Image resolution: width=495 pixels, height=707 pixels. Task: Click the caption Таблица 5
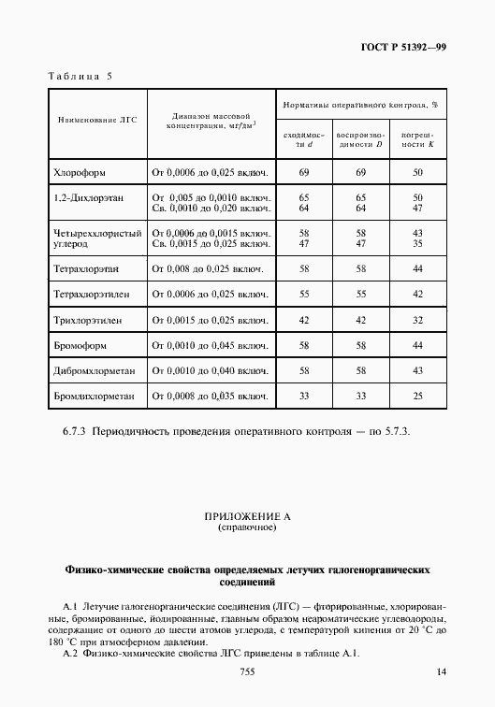pos(79,76)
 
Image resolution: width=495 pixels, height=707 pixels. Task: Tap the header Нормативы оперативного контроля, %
pos(360,105)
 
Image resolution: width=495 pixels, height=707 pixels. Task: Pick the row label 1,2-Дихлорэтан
pos(89,198)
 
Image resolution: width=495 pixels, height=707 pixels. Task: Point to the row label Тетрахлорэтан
pos(87,269)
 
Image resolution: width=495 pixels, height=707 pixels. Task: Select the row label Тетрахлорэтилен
pos(91,295)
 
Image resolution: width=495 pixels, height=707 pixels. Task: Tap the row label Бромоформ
pos(81,345)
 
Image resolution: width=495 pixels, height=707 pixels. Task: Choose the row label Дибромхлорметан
pos(95,370)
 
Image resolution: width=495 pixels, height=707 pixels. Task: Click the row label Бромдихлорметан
pos(95,397)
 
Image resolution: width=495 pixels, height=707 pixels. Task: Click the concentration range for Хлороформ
pos(211,173)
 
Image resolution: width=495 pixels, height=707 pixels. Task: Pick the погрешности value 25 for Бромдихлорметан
pos(417,397)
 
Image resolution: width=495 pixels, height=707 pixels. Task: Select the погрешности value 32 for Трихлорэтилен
pos(417,320)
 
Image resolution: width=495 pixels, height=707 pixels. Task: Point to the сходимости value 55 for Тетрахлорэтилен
pos(303,295)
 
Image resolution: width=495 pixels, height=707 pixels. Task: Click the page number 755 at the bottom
pos(248,672)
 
